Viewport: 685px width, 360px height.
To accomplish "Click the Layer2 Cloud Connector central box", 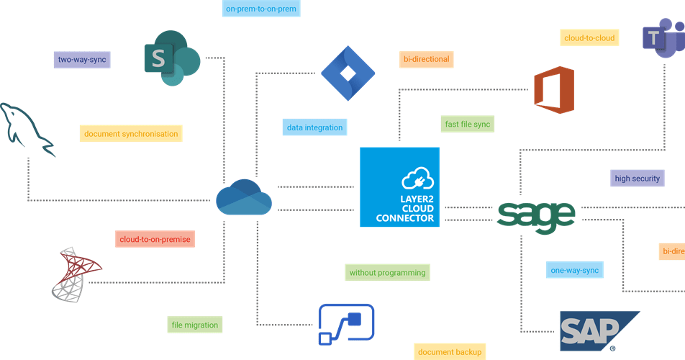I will click(x=399, y=187).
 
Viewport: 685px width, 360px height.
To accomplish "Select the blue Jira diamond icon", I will click(x=348, y=73).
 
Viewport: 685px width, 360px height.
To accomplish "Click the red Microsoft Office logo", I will click(x=554, y=90).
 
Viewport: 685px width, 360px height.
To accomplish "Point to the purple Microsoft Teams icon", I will click(x=663, y=37).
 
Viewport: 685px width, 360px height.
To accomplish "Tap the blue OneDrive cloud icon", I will click(x=244, y=197).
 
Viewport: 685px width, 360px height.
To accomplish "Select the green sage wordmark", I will click(x=537, y=215).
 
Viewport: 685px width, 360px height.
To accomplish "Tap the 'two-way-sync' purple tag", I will click(x=82, y=60).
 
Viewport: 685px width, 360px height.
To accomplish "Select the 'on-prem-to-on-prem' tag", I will click(x=260, y=9).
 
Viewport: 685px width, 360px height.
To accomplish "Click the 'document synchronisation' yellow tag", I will click(x=130, y=134).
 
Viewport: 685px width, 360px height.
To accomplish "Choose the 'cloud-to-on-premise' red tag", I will click(x=155, y=239).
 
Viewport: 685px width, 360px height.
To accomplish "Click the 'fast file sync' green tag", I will click(x=467, y=125).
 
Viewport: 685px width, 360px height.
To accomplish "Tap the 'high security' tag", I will click(x=637, y=178).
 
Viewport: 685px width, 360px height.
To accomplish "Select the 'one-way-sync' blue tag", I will click(x=573, y=270).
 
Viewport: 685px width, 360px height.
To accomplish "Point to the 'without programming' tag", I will click(x=387, y=273).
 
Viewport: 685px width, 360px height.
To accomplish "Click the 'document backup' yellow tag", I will click(x=449, y=351).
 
